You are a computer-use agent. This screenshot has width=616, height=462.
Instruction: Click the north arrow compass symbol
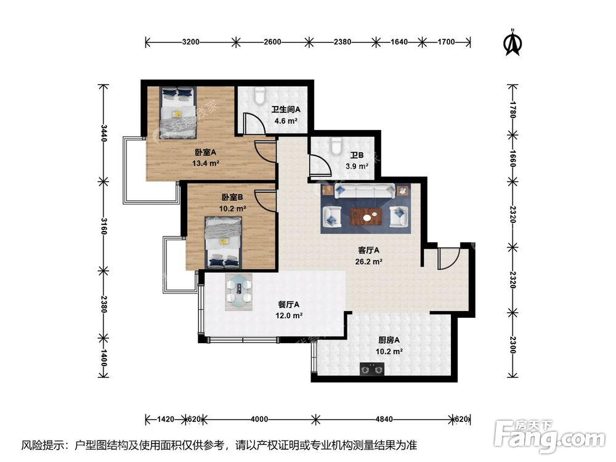click(511, 43)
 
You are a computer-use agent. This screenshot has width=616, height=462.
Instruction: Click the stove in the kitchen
click(372, 370)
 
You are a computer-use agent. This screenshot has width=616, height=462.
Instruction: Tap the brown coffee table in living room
click(366, 216)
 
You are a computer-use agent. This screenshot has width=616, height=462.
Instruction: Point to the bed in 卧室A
click(178, 112)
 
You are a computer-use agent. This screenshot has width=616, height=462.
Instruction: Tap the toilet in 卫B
click(336, 145)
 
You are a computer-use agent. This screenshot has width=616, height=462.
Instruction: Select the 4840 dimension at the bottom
click(383, 419)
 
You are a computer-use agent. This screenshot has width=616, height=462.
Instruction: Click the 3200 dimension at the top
click(191, 43)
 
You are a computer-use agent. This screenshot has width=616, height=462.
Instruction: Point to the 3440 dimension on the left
click(103, 132)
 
